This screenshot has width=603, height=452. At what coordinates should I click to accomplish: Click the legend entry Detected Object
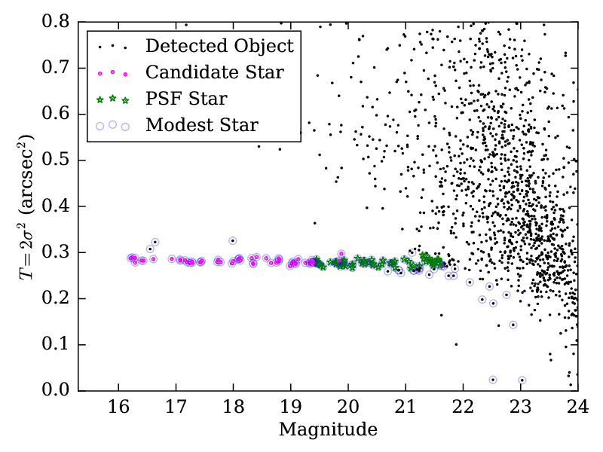[x=219, y=46]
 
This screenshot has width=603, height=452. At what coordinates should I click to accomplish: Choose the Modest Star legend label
[x=201, y=125]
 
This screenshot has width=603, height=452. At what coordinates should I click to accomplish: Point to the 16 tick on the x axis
[x=118, y=408]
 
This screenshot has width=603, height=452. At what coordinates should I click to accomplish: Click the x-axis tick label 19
[x=290, y=408]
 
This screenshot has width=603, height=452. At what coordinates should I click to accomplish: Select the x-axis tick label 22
[x=463, y=408]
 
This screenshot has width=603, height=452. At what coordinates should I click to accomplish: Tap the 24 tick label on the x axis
[x=577, y=408]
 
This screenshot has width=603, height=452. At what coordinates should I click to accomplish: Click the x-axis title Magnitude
[x=328, y=431]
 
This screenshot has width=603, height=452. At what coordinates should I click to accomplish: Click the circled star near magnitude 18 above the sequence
[x=233, y=241]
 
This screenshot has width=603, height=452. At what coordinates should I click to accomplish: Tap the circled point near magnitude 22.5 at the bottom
[x=493, y=380]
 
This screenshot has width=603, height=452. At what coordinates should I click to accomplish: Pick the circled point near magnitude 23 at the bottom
[x=522, y=380]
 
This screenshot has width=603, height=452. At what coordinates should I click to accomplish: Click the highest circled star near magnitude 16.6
[x=155, y=242]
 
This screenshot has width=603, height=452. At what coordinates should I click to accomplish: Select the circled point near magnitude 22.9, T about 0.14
[x=513, y=325]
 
